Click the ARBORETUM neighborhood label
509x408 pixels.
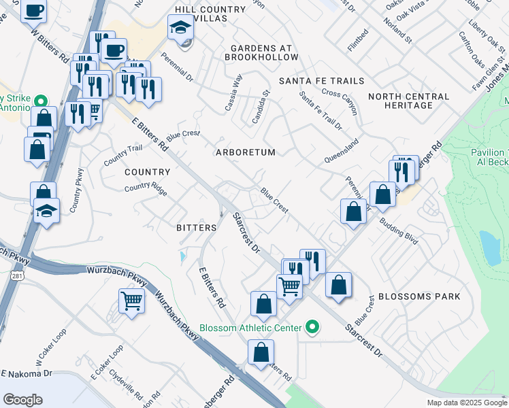pyautogui.click(x=246, y=152)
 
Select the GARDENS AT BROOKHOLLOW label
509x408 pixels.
pyautogui.click(x=261, y=53)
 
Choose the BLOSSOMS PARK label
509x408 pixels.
pyautogui.click(x=419, y=296)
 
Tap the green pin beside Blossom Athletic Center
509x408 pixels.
pyautogui.click(x=312, y=328)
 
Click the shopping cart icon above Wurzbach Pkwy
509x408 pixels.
pyautogui.click(x=131, y=299)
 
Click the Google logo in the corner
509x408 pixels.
pyautogui.click(x=22, y=400)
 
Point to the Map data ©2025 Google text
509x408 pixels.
pyautogui.click(x=467, y=403)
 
